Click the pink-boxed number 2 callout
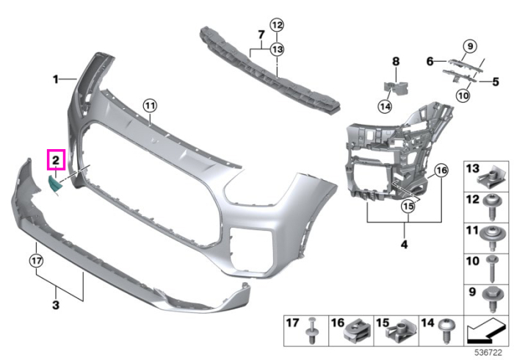click(56, 159)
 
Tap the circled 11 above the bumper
click(150, 106)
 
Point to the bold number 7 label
click(261, 35)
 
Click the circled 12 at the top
click(277, 25)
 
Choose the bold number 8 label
click(396, 61)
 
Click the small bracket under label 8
click(397, 88)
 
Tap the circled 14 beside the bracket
click(385, 107)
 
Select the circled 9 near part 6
click(470, 46)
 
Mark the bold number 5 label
click(496, 82)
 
